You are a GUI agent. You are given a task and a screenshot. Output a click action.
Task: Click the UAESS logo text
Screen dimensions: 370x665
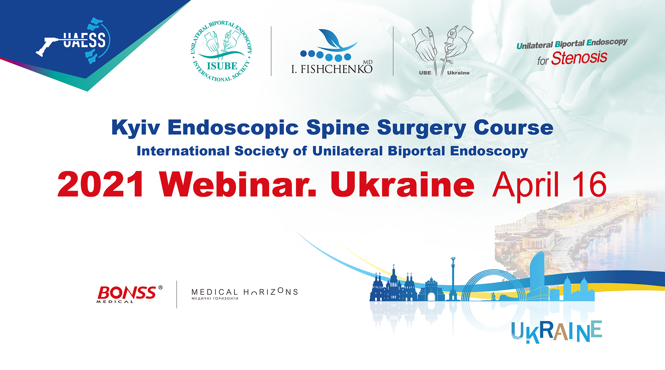pos(84,40)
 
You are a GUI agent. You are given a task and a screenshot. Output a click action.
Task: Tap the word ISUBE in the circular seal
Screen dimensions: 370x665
pos(222,66)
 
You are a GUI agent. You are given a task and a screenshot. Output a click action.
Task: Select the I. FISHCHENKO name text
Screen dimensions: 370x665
pos(332,69)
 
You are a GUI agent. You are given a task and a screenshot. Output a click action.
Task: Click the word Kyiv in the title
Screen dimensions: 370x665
pos(135,127)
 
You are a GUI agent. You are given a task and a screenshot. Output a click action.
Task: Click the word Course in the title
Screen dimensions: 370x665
pos(513,127)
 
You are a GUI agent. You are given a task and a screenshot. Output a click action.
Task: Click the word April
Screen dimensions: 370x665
pos(525,185)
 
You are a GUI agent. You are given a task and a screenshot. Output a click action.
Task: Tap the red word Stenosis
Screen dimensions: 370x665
pos(579,58)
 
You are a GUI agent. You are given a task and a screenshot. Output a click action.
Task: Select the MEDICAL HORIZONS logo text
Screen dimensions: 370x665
pos(244,292)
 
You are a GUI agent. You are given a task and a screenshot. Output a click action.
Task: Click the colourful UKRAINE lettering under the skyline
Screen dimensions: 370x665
pos(556,332)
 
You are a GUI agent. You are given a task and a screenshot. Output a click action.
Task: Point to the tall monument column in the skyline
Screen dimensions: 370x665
pos(453,277)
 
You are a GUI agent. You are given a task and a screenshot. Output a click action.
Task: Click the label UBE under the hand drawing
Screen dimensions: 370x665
pos(425,73)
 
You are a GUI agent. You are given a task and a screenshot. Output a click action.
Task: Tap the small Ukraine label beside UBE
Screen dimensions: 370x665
pos(458,73)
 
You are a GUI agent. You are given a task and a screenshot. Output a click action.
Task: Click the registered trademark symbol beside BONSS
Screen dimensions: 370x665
pos(160,287)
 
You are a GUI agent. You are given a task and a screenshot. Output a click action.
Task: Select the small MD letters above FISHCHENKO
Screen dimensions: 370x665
pos(368,62)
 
